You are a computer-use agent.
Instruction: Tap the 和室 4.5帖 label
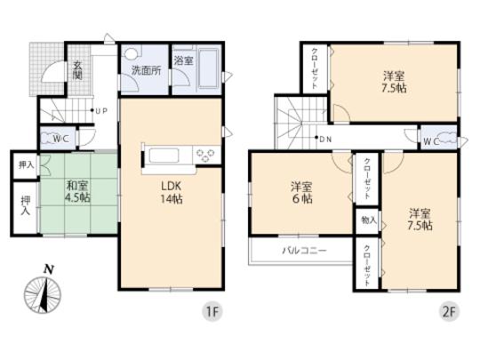tap(78, 192)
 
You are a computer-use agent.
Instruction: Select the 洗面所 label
tap(146, 70)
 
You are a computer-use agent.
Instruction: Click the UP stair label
tap(100, 111)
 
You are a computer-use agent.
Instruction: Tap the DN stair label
tap(324, 140)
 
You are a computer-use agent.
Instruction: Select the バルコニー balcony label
tap(304, 251)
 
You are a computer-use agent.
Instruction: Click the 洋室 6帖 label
tap(302, 193)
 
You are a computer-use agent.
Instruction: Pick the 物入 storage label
tap(369, 219)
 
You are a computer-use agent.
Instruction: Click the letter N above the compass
tap(49, 268)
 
